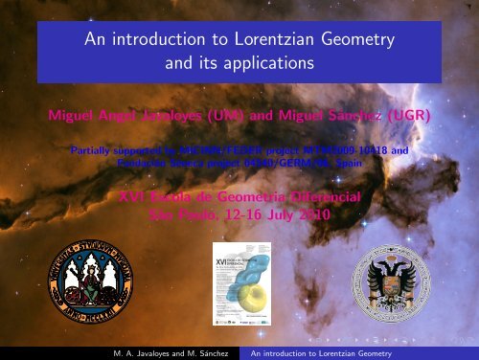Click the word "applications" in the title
coord(273,64)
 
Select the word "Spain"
coord(336,163)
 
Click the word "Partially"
coord(97,150)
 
